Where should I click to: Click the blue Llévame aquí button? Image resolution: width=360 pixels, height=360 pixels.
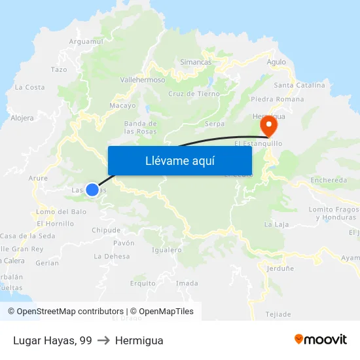[x=179, y=160]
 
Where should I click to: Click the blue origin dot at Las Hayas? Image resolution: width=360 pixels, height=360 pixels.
[x=92, y=190]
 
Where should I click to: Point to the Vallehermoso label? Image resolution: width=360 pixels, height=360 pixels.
[x=143, y=79]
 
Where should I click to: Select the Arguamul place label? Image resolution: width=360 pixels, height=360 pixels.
[x=86, y=41]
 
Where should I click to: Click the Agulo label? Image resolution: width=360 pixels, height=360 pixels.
[x=276, y=62]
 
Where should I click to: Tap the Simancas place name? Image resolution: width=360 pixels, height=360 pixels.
[x=196, y=62]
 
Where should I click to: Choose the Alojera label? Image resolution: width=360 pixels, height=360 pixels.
[x=22, y=118]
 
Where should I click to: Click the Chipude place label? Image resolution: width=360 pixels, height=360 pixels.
[x=106, y=230]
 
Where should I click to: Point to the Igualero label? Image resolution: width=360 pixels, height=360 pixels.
[x=166, y=249]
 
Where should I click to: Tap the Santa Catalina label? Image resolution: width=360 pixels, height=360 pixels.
[x=299, y=85]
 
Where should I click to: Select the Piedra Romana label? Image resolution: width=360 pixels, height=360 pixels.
[x=277, y=99]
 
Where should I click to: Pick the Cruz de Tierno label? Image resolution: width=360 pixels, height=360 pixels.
[x=194, y=94]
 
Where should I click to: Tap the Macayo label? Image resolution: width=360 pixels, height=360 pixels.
[x=122, y=105]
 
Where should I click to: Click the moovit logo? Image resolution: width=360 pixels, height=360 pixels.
[x=321, y=340]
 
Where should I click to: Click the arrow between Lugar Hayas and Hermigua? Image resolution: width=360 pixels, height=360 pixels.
[x=103, y=340]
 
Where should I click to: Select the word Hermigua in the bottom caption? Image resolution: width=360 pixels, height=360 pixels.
[x=139, y=340]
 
